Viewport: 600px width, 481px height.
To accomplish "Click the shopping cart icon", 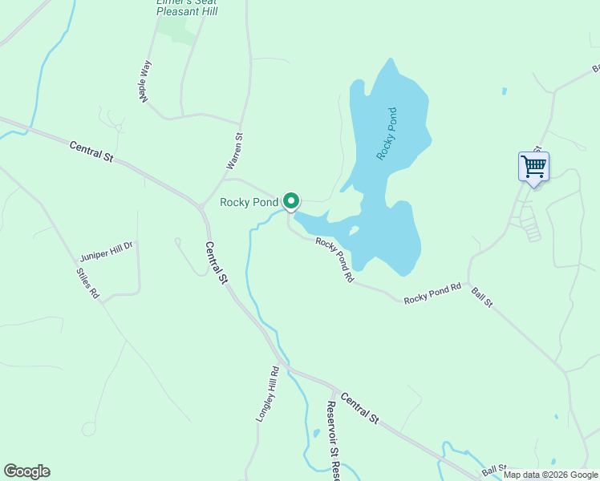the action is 533,168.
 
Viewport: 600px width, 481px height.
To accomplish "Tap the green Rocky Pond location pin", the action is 291,202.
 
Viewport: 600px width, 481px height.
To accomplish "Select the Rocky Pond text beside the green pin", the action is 249,203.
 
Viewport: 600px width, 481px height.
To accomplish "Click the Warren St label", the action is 234,152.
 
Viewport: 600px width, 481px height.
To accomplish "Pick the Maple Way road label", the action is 144,80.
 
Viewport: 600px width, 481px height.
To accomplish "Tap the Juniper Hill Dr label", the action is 107,252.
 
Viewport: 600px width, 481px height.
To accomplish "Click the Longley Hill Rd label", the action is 266,395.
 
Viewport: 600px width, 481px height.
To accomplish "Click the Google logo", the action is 26,471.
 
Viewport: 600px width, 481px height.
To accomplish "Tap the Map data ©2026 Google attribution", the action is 550,475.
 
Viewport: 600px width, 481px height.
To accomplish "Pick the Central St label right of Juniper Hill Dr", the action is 215,264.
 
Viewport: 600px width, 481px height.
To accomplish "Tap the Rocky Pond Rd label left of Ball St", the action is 432,293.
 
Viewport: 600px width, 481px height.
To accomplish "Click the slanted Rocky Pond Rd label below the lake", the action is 334,259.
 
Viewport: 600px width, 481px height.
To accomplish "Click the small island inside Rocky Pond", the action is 354,231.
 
